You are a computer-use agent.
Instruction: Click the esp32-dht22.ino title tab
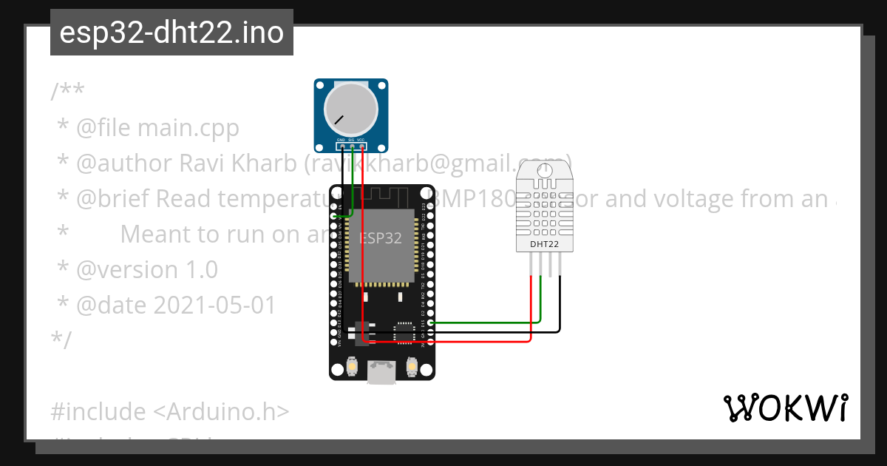pyautogui.click(x=171, y=33)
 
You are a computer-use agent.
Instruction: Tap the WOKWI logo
pyautogui.click(x=785, y=408)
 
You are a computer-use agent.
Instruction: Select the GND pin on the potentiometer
pyautogui.click(x=341, y=146)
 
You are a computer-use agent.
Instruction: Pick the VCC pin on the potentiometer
pyautogui.click(x=361, y=146)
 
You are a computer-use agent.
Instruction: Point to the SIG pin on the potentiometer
pyautogui.click(x=351, y=146)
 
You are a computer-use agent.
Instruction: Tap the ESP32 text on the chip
pyautogui.click(x=380, y=238)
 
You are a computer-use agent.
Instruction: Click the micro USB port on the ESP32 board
pyautogui.click(x=381, y=372)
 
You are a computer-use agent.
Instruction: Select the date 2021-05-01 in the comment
pyautogui.click(x=214, y=305)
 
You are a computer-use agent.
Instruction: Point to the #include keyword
pyautogui.click(x=98, y=411)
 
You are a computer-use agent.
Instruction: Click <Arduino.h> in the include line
pyautogui.click(x=221, y=411)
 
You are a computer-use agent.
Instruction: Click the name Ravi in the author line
pyautogui.click(x=201, y=163)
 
